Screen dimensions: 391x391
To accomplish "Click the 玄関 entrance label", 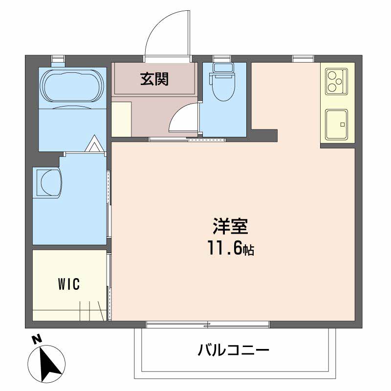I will tap(154, 79).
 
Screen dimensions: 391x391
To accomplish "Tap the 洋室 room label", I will tap(231, 227).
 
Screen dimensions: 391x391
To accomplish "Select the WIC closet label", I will tap(68, 284).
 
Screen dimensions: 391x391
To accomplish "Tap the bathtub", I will tap(73, 87).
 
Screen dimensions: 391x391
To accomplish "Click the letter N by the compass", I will tap(35, 339).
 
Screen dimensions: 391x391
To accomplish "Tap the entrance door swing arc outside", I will tap(164, 34).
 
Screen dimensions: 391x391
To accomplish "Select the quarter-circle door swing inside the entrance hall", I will tap(184, 120).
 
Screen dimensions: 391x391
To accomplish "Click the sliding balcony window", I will tap(207, 324).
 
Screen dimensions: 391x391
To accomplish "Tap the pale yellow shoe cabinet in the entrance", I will tap(121, 119).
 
